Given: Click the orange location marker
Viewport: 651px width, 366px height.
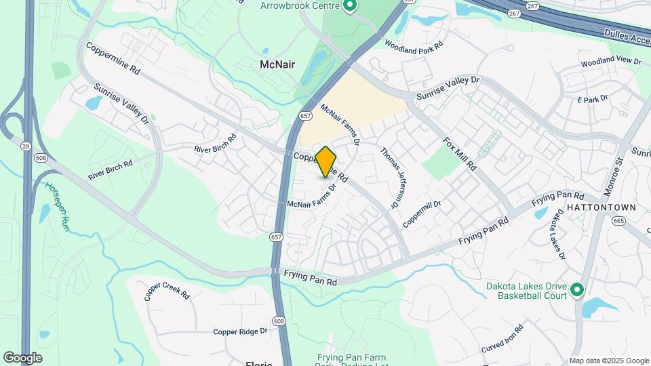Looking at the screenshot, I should point(326,161).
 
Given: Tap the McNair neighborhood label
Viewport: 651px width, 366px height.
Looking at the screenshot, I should point(277,64).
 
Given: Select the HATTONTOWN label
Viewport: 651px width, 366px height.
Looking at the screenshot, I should point(601,207).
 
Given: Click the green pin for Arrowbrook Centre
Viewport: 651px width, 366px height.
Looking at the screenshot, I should point(350,7).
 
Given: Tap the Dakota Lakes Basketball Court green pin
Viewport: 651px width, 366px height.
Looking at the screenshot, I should point(577,290).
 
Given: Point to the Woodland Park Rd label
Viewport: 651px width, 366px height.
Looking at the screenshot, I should point(413,46).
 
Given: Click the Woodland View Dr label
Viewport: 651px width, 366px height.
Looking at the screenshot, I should point(610,62).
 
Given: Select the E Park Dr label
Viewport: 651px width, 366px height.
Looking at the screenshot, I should point(593,100).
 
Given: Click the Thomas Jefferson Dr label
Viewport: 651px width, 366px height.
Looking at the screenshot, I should point(387,178).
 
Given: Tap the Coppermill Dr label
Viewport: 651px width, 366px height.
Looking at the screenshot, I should point(422,213).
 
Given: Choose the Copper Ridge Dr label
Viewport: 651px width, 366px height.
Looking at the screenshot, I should point(240,331).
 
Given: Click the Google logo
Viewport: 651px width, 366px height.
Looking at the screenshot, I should point(22,357).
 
